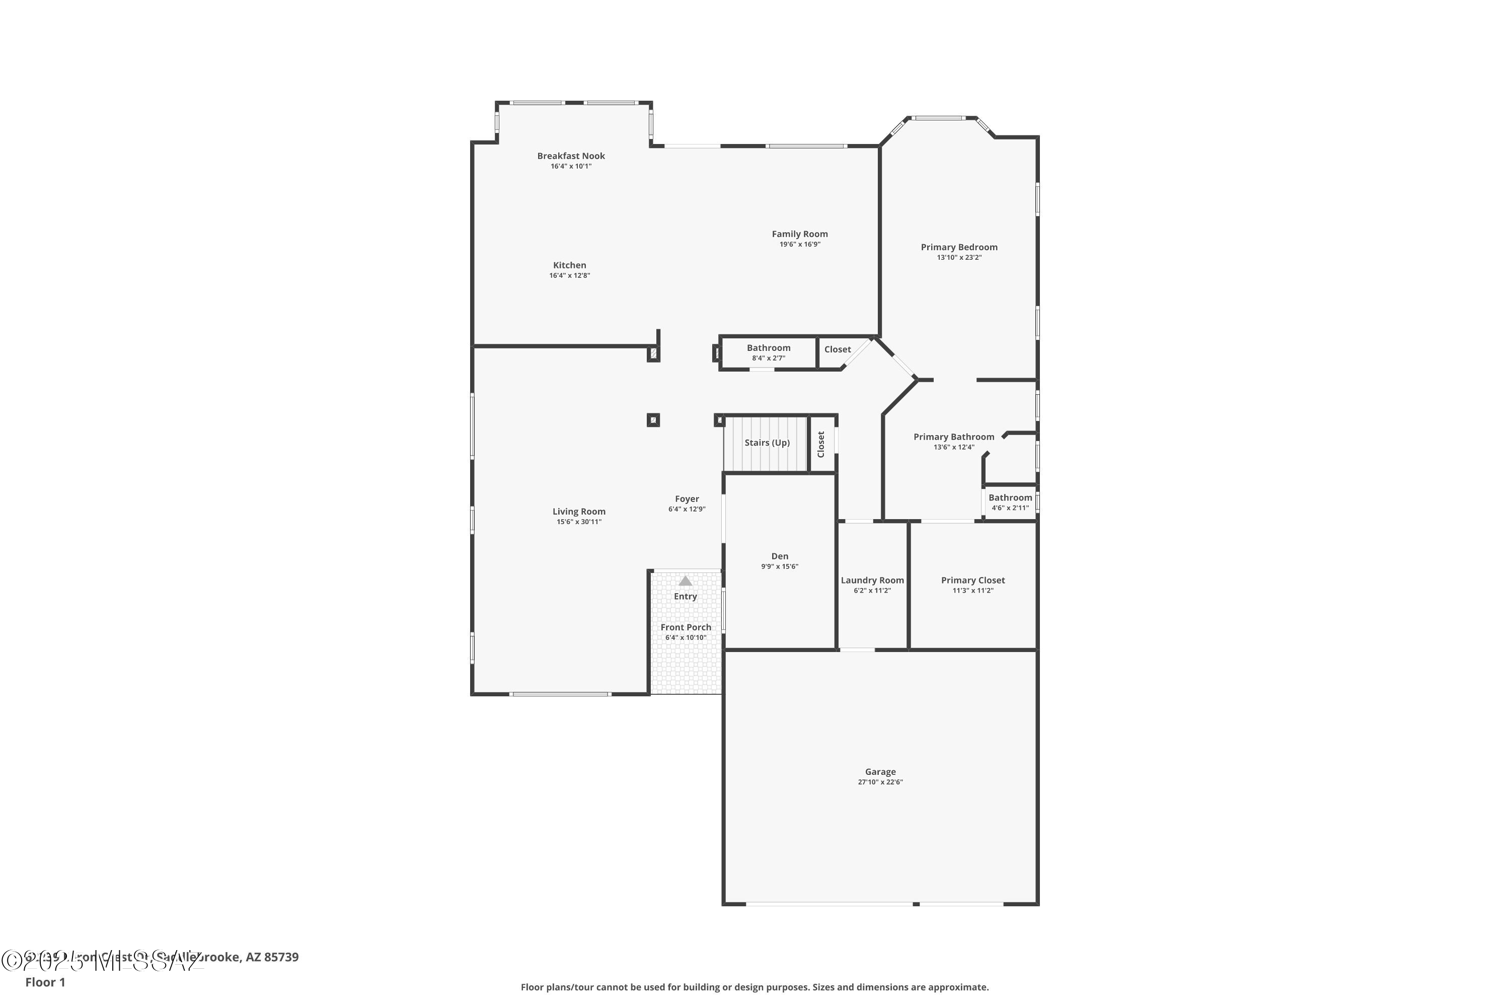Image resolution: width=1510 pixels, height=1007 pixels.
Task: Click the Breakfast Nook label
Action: coord(571,156)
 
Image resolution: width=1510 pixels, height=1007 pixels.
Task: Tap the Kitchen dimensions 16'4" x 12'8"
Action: coord(569,275)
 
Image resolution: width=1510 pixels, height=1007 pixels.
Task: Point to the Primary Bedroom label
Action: coord(958,247)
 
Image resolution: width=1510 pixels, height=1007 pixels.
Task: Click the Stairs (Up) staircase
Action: coord(766,443)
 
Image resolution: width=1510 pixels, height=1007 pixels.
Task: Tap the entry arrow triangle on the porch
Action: coord(685,581)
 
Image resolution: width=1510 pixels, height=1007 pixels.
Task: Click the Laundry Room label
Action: coord(872,581)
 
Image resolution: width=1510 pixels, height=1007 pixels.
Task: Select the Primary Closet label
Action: coord(972,581)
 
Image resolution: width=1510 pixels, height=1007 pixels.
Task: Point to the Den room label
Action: coord(779,557)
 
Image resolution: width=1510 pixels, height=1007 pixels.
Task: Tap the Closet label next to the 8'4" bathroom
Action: coord(837,349)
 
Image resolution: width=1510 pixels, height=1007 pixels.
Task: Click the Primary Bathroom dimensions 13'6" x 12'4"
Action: coord(953,448)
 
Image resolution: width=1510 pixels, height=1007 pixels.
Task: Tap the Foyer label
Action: coord(687,499)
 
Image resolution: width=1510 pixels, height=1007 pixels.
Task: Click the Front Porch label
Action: coord(686,627)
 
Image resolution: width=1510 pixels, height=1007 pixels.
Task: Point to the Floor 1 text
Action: coord(45,982)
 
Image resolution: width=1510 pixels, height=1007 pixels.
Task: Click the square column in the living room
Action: coord(653,420)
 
